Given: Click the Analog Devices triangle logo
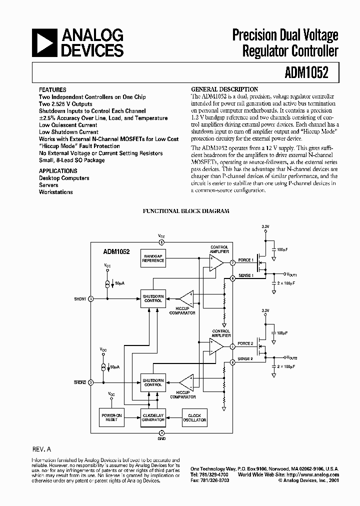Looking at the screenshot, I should click(x=43, y=43).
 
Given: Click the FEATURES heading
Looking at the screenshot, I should click(x=52, y=90).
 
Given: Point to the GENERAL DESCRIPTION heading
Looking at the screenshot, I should click(x=225, y=89).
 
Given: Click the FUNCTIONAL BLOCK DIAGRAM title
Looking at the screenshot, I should click(x=186, y=211).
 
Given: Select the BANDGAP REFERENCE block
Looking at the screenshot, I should click(x=153, y=258).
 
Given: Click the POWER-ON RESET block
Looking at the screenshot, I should click(x=111, y=417).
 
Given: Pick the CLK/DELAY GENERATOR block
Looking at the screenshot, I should click(x=153, y=417).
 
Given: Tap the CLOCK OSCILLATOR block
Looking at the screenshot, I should click(x=194, y=417).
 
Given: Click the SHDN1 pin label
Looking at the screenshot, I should click(x=80, y=299).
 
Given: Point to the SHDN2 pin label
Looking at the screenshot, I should click(x=80, y=382).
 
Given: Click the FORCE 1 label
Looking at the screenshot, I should click(x=245, y=260).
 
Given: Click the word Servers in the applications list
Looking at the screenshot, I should click(x=49, y=185).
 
